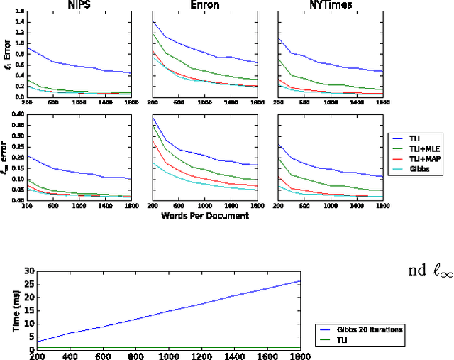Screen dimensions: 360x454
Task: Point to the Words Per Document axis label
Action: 204,215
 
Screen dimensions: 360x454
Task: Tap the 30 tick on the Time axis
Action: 29,271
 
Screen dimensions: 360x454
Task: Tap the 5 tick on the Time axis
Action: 31,337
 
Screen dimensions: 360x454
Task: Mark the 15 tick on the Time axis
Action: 29,311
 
